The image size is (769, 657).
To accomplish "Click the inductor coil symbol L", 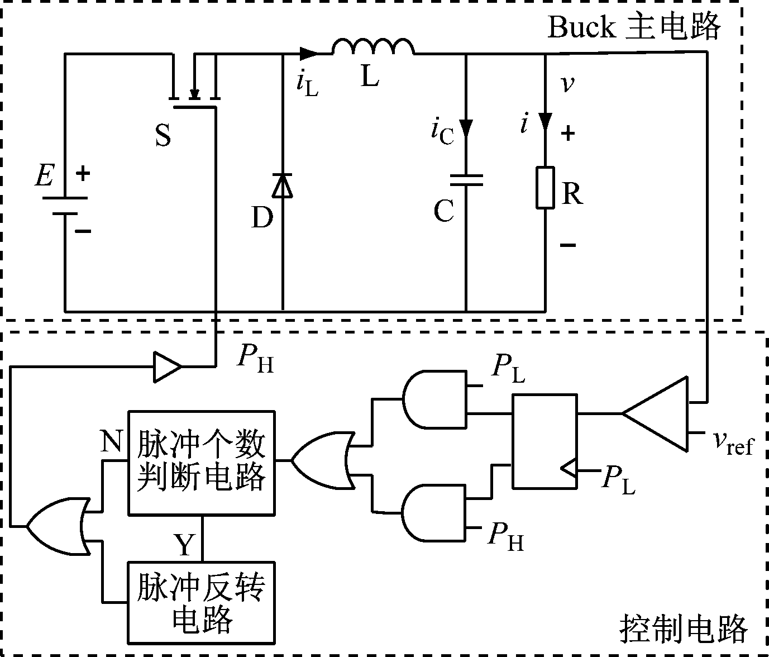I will [373, 47].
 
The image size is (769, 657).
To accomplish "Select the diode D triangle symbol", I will [282, 185].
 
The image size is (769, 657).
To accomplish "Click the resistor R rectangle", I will [546, 188].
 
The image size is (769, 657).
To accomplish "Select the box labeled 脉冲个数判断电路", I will [202, 462].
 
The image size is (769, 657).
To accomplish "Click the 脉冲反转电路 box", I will [202, 602].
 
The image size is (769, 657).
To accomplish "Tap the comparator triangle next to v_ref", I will [659, 414].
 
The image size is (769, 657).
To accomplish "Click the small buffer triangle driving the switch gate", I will [167, 367].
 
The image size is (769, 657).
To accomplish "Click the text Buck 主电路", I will [633, 27].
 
